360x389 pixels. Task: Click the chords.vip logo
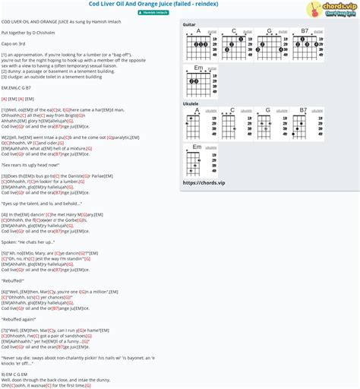point(333,10)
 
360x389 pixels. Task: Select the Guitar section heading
point(189,25)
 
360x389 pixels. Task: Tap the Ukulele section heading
point(191,103)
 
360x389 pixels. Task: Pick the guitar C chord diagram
point(234,47)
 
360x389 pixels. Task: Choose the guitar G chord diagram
point(268,47)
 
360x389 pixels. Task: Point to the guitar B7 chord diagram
point(304,47)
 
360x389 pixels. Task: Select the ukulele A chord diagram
point(199,125)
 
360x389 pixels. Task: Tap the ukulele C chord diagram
point(233,125)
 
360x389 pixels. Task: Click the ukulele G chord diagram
point(268,125)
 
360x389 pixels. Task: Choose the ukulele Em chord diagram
point(199,160)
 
